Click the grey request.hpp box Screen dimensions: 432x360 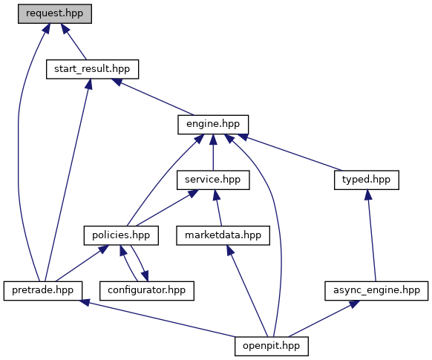click(55, 14)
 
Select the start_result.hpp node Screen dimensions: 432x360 click(92, 69)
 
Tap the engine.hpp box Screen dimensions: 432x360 click(213, 125)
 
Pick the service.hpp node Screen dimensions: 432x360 click(213, 180)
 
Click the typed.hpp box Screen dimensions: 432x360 click(367, 180)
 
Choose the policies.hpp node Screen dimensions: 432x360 click(121, 235)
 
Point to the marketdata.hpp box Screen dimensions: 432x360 click(223, 235)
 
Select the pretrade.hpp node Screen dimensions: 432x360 click(43, 291)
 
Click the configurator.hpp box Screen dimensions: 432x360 click(147, 291)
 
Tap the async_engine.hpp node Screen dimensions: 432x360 click(376, 291)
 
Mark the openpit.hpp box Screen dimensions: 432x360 click(272, 346)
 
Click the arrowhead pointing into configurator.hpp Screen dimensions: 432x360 click(145, 275)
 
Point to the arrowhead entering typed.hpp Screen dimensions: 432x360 click(368, 194)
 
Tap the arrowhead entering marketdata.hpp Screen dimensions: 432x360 click(230, 250)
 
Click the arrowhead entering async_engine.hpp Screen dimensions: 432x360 click(355, 304)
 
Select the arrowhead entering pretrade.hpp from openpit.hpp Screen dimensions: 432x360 click(85, 302)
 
